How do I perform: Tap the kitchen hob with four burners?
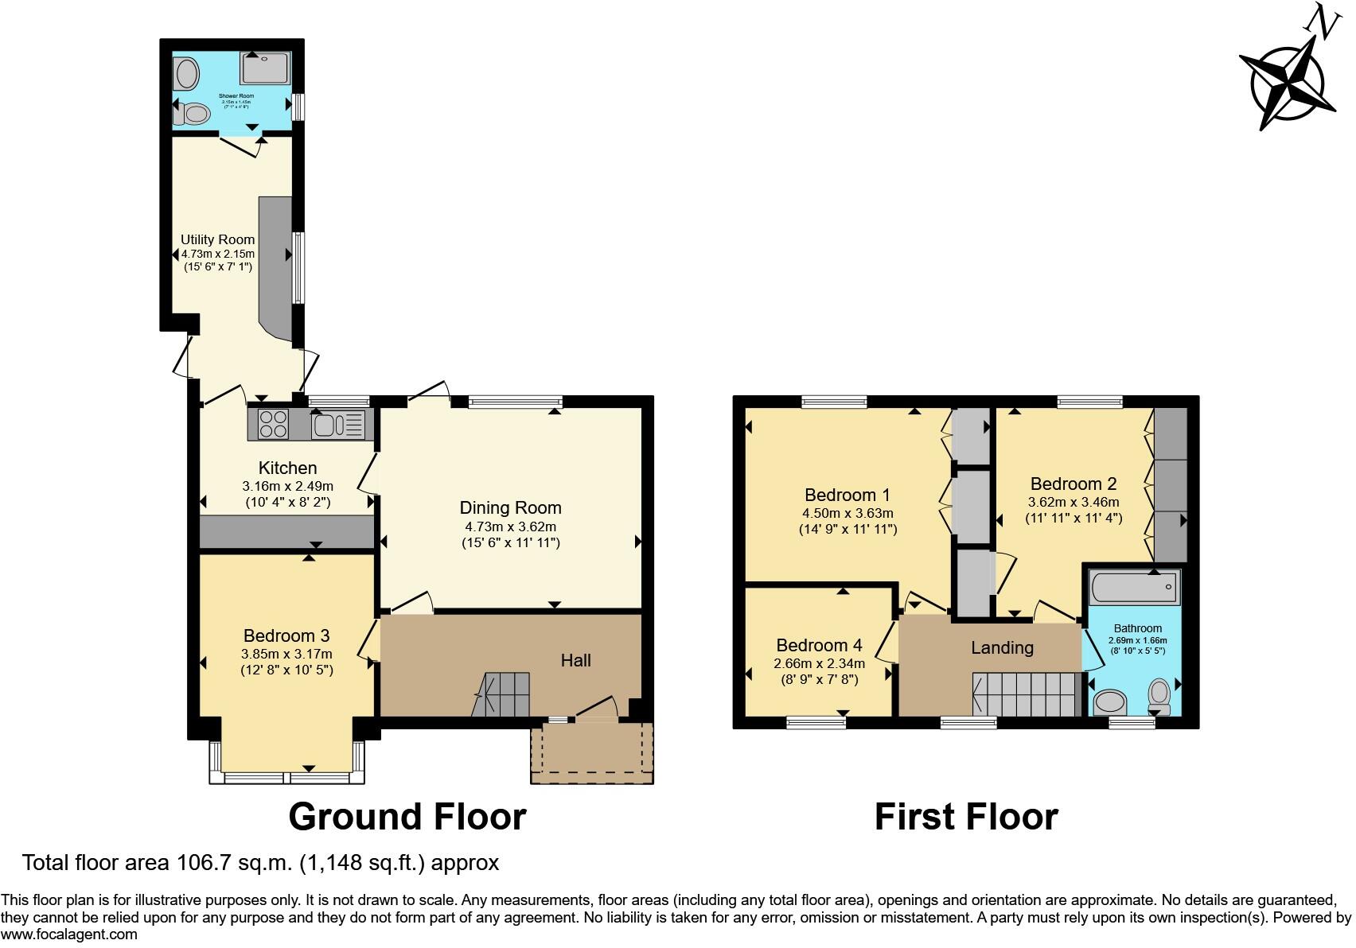273,424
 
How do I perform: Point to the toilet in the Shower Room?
192,115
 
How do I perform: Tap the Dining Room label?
510,508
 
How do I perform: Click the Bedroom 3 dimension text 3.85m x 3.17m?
286,654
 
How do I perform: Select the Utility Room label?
217,239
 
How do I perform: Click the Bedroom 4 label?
819,645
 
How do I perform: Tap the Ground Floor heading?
407,817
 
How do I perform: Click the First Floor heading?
965,817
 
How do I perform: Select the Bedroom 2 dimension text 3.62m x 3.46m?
1073,502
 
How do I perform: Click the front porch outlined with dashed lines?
591,752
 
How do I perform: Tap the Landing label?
1001,648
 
